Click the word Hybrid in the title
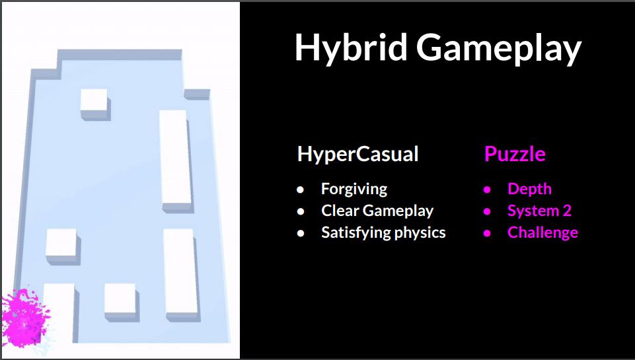[351, 48]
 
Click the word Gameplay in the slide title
[499, 48]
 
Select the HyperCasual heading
[358, 155]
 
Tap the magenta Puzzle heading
[515, 155]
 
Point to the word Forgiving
[354, 189]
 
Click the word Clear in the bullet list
[340, 211]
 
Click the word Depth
[529, 189]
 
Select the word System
[533, 211]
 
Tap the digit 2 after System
[567, 211]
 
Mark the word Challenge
[542, 233]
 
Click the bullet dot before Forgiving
[300, 189]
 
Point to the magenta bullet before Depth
[487, 189]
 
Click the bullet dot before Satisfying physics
[300, 233]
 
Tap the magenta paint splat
[25, 318]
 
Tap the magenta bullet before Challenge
[487, 233]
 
